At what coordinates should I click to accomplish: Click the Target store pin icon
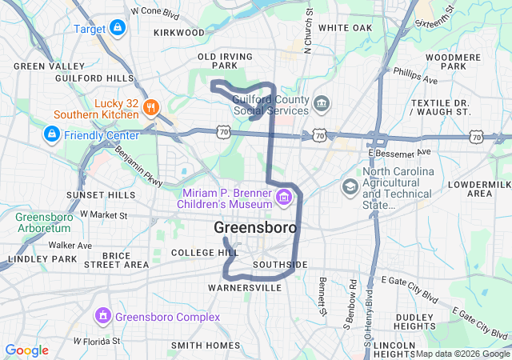pos(118,29)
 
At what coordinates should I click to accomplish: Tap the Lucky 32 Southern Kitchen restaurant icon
pos(153,107)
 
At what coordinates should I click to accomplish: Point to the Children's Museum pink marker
pos(283,197)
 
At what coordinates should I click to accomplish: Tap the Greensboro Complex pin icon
pos(102,317)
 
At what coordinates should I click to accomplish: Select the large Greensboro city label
pos(255,228)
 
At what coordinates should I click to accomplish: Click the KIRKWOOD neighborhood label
pos(179,33)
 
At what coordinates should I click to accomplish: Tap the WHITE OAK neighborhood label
pos(345,28)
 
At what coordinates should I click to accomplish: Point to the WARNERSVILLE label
pos(244,286)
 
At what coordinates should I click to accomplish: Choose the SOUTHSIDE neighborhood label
pos(279,264)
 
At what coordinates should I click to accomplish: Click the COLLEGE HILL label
pos(205,252)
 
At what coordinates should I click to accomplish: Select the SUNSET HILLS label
pos(101,195)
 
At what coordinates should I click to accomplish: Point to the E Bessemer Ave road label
pos(399,151)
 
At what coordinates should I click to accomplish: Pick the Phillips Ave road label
pos(415,76)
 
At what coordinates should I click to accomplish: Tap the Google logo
pos(26,350)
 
